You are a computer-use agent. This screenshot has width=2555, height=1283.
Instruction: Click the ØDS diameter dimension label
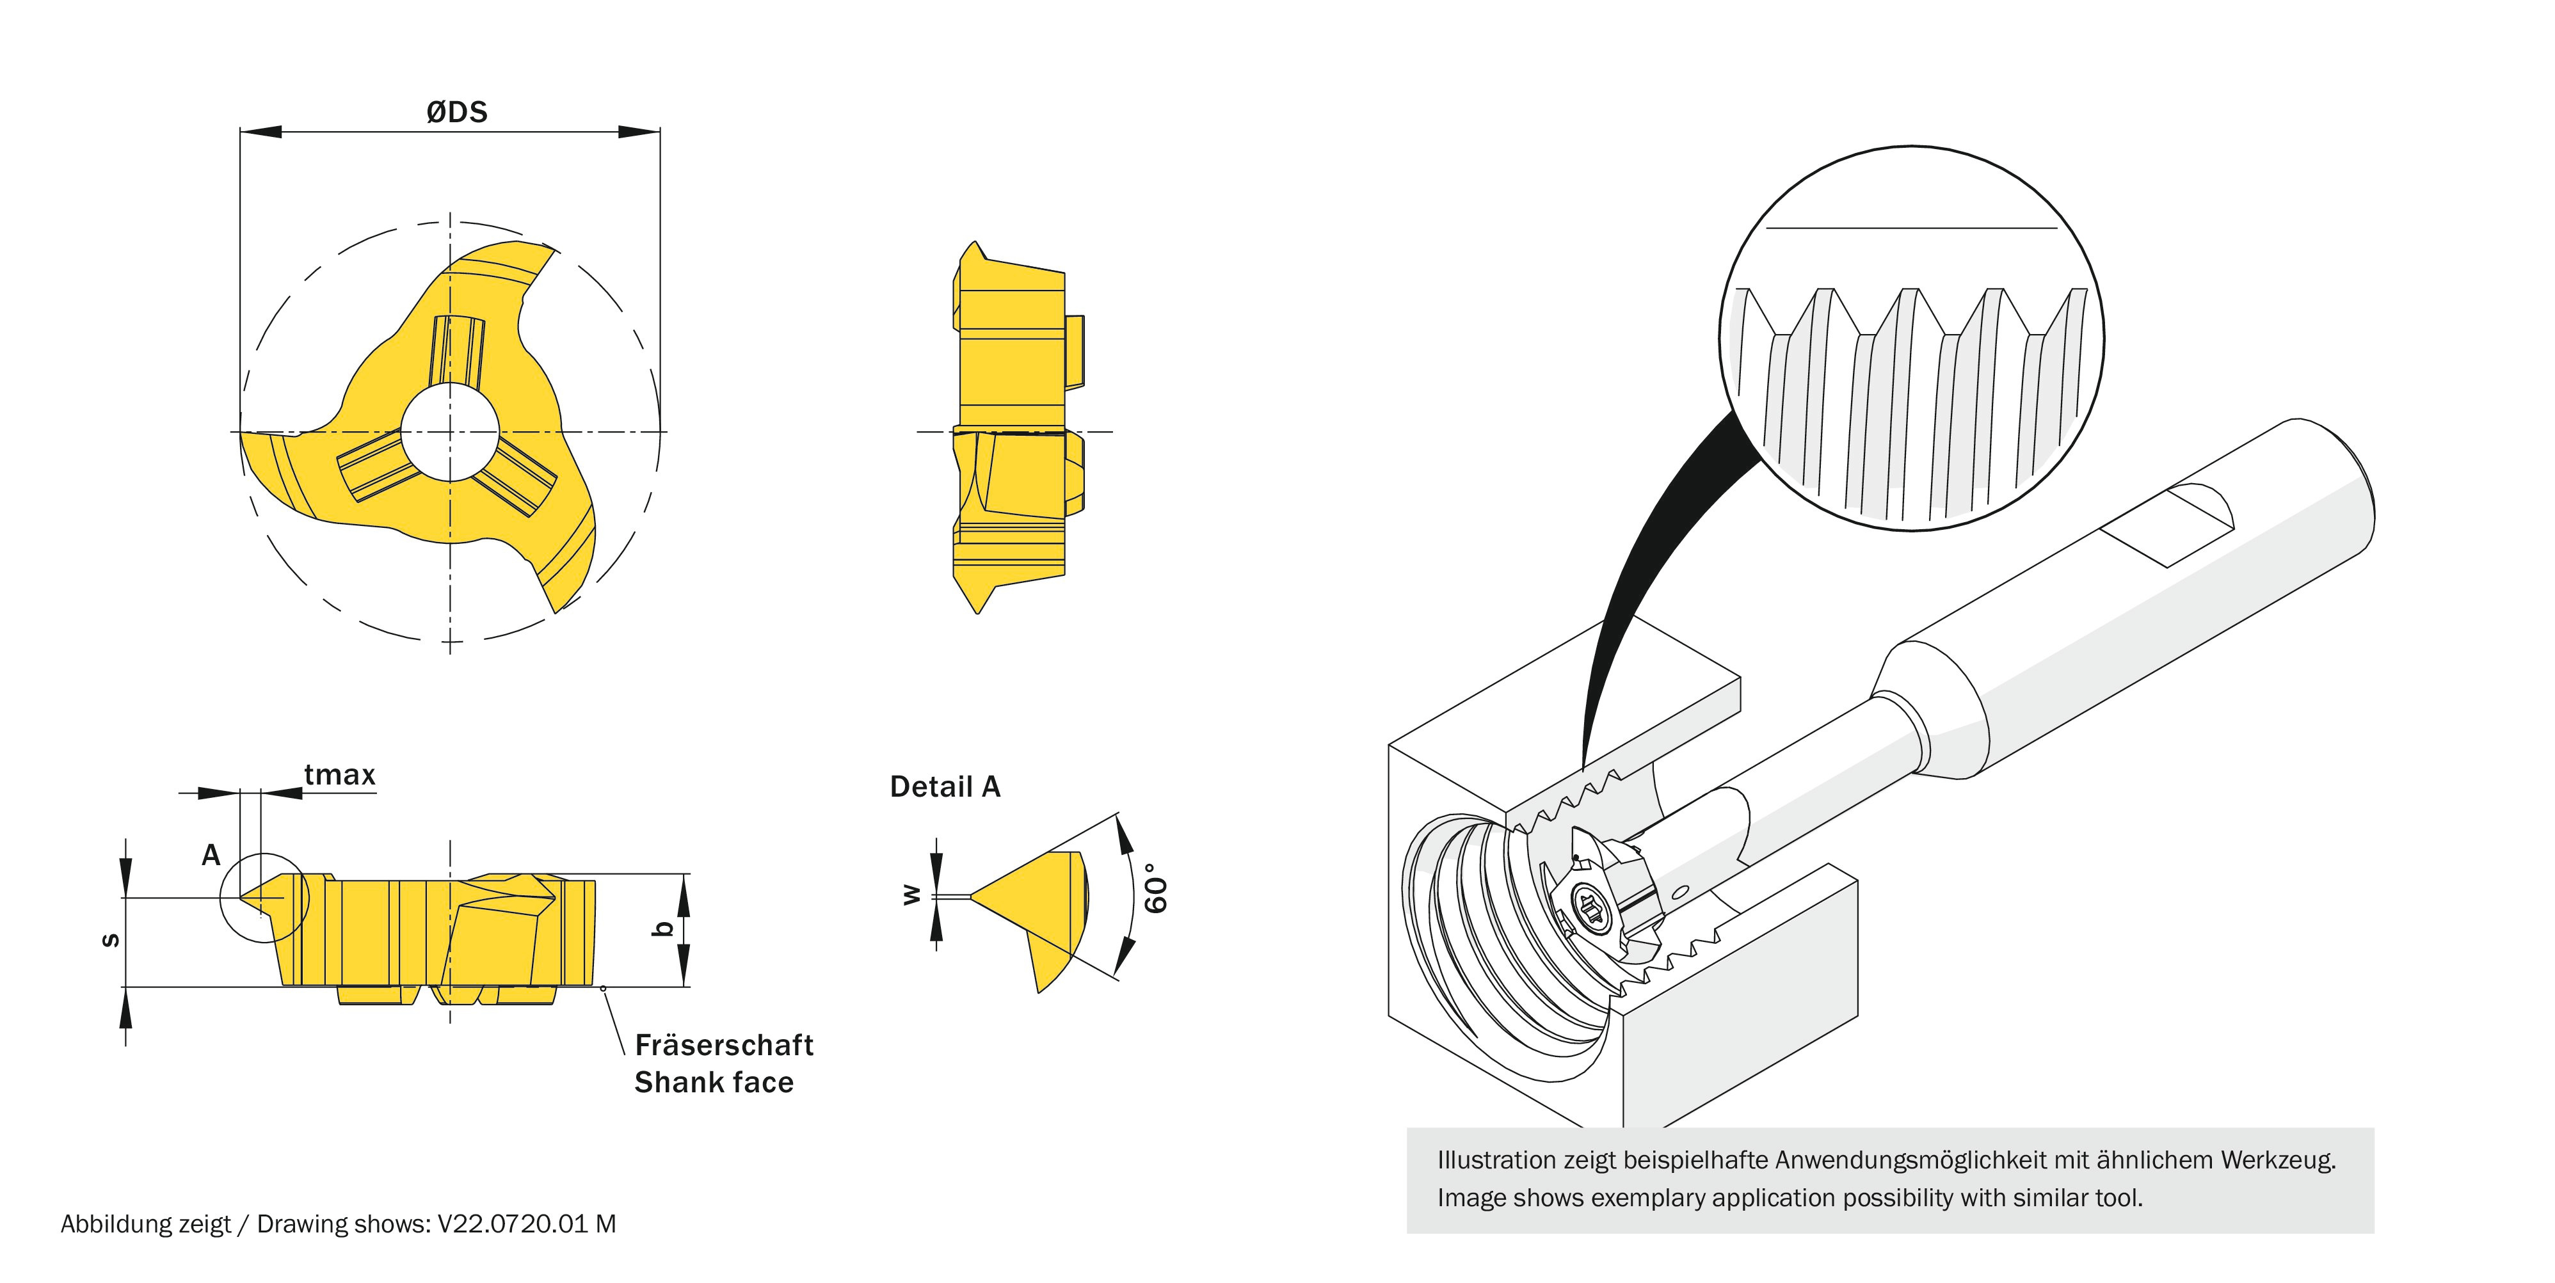point(456,112)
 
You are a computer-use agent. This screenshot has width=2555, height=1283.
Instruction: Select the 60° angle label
point(1155,888)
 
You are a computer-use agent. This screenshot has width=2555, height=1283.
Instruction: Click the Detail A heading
point(944,786)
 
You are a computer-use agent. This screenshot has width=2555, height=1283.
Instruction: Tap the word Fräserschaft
point(723,1045)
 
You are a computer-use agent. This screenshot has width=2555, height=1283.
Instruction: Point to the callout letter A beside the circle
point(211,855)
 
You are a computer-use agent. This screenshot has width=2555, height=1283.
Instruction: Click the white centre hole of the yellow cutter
point(451,431)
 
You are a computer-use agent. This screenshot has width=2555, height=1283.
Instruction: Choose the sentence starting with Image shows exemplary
point(1790,1198)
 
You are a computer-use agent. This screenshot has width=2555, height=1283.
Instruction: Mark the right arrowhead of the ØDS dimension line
point(640,131)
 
